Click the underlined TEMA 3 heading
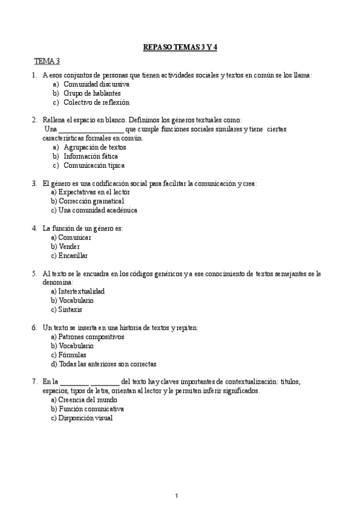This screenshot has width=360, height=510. [x=47, y=61]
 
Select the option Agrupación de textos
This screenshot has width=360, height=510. [x=94, y=147]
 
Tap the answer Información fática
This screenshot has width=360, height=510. [x=91, y=156]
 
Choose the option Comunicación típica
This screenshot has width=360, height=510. [x=94, y=165]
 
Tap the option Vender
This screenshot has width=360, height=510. [x=69, y=246]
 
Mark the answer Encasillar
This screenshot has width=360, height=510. [x=73, y=255]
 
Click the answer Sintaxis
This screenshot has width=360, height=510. [x=70, y=309]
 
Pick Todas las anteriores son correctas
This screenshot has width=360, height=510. [x=107, y=364]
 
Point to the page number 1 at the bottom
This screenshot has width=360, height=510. [x=176, y=495]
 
